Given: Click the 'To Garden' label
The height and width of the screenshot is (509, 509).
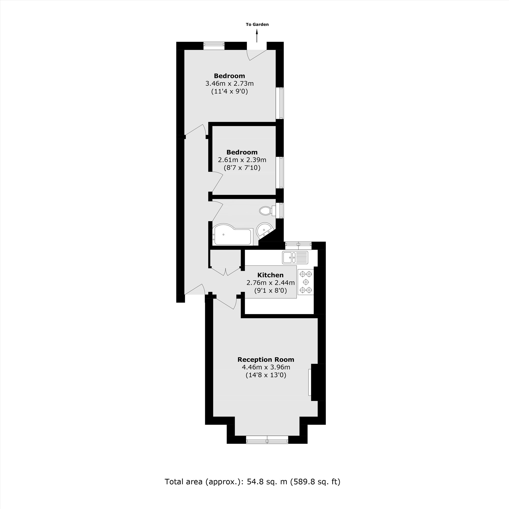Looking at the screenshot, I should (257, 24).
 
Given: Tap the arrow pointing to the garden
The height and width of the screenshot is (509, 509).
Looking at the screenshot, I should (257, 36).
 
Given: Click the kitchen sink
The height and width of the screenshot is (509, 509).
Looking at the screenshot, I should (295, 257).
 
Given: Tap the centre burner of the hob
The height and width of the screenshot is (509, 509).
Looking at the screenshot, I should (306, 282).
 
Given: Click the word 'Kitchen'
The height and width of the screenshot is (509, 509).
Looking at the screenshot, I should (270, 275).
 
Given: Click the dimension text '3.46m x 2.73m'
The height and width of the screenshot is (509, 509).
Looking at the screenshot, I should (229, 84).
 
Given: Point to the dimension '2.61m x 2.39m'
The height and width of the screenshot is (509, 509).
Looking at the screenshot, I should (242, 160).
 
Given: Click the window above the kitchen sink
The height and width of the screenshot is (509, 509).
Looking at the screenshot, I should (298, 246).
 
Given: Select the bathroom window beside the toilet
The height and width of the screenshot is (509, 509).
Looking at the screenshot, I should (281, 210).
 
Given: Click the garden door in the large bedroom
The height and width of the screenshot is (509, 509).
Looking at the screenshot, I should (257, 54).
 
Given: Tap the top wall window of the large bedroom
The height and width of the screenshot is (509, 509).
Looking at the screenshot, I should (214, 46).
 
